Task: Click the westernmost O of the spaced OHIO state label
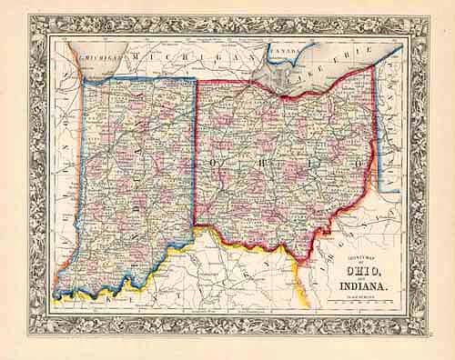pyautogui.click(x=217, y=163)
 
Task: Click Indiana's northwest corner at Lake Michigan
pyautogui.click(x=84, y=79)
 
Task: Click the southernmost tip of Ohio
pyautogui.click(x=295, y=255)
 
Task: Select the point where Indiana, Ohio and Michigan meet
pyautogui.click(x=197, y=81)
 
